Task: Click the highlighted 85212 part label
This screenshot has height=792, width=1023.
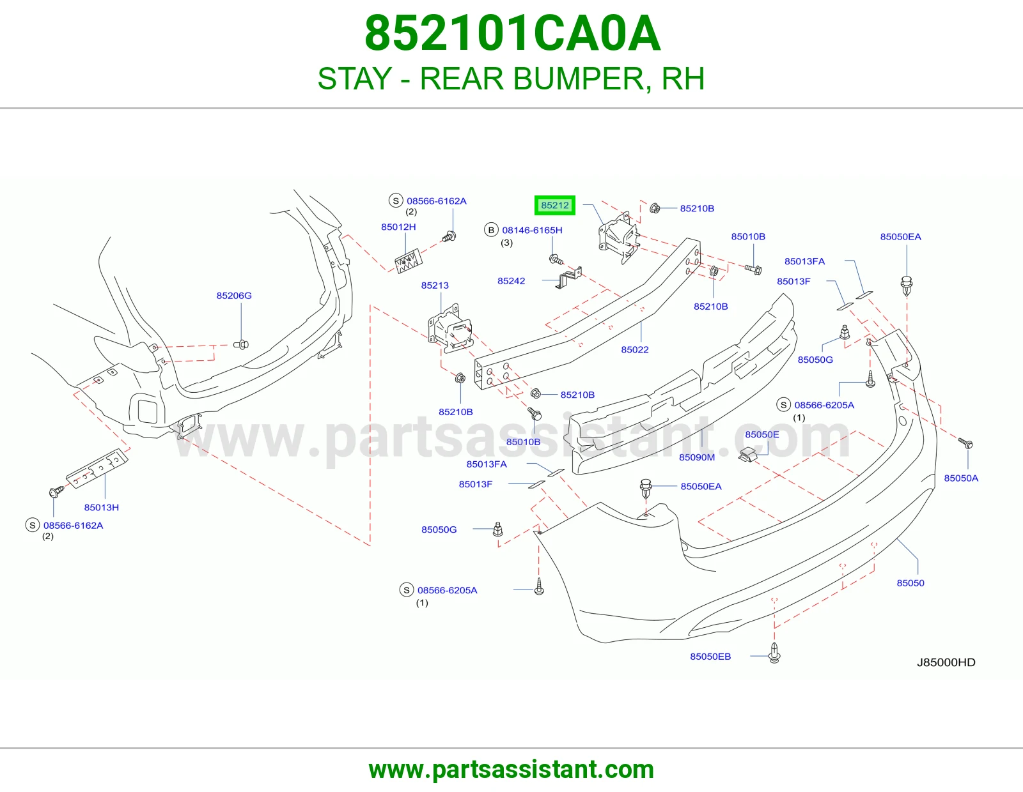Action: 554,206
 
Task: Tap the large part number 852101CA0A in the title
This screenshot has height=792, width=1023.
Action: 512,33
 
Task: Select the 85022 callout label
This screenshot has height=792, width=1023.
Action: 635,349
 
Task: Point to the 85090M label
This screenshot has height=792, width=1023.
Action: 697,457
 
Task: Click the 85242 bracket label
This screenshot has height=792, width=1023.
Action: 511,281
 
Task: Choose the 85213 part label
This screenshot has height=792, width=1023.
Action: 435,286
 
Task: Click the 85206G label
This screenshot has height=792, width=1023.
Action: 234,295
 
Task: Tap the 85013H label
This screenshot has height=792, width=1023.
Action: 101,508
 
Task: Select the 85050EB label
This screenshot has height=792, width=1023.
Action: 710,656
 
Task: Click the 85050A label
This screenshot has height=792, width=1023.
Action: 961,478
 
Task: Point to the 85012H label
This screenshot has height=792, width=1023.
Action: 398,227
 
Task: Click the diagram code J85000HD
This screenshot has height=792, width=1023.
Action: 946,662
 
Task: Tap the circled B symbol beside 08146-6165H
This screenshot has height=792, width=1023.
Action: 491,230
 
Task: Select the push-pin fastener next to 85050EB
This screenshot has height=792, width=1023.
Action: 774,653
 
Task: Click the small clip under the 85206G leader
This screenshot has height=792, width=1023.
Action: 241,345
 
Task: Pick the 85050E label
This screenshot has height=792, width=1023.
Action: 761,434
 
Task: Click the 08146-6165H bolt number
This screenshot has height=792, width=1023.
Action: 532,230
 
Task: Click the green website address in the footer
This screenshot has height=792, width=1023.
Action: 511,770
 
